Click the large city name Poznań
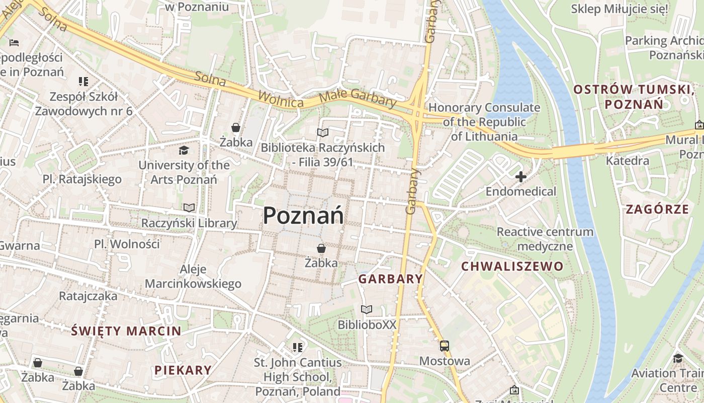point(303,216)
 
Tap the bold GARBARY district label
point(390,279)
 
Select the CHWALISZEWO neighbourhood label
point(512,266)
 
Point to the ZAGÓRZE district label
point(657,209)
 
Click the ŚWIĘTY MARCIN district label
point(126,331)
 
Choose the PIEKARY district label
point(183,370)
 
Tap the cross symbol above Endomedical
point(521,177)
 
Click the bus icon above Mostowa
point(445,346)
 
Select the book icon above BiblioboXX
point(367,309)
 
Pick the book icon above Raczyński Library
point(189,208)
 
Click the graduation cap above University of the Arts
point(184,150)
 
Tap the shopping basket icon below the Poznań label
point(321,248)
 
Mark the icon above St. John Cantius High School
point(297,347)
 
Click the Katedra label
point(628,161)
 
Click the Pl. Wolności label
point(127,244)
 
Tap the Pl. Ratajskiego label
point(82,179)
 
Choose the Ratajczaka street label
point(88,296)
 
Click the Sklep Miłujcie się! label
point(620,9)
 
